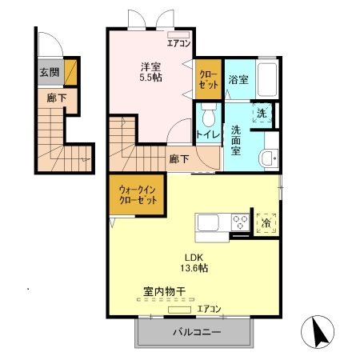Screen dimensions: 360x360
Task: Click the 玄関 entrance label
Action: tap(48, 73)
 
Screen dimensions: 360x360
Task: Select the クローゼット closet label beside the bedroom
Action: tap(208, 80)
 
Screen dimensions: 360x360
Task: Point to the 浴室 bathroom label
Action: tap(238, 80)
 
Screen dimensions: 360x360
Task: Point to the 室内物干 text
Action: tap(165, 292)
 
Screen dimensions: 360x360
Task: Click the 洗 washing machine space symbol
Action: tap(262, 113)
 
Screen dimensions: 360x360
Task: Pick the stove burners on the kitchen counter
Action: tap(239, 222)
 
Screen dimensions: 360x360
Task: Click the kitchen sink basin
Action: tap(207, 222)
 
